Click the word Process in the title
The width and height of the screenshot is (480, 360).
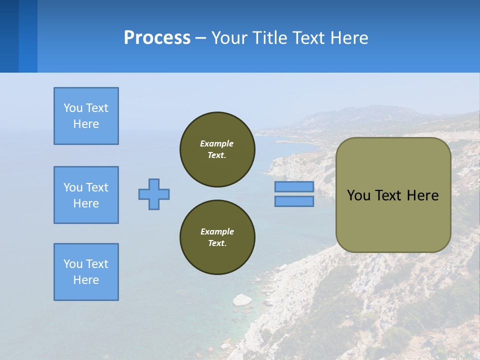pyautogui.click(x=157, y=38)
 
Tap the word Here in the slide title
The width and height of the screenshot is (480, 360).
pyautogui.click(x=348, y=38)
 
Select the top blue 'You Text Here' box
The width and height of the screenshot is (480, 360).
pyautogui.click(x=86, y=116)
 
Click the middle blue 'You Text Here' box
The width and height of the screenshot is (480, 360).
pyautogui.click(x=86, y=195)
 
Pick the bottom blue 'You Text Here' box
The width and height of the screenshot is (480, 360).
pyautogui.click(x=86, y=272)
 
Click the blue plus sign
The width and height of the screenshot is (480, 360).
pyautogui.click(x=154, y=194)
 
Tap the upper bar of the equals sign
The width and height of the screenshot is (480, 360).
pyautogui.click(x=294, y=186)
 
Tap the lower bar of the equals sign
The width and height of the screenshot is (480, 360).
pyautogui.click(x=294, y=201)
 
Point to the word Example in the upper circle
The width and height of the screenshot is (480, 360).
pyautogui.click(x=217, y=143)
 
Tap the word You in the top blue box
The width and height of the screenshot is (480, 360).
pyautogui.click(x=72, y=108)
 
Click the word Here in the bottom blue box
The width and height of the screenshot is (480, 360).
pyautogui.click(x=86, y=280)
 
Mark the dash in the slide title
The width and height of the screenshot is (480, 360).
pyautogui.click(x=201, y=38)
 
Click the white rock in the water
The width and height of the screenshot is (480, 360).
pyautogui.click(x=242, y=299)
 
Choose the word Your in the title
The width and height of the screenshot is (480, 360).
pyautogui.click(x=230, y=38)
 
